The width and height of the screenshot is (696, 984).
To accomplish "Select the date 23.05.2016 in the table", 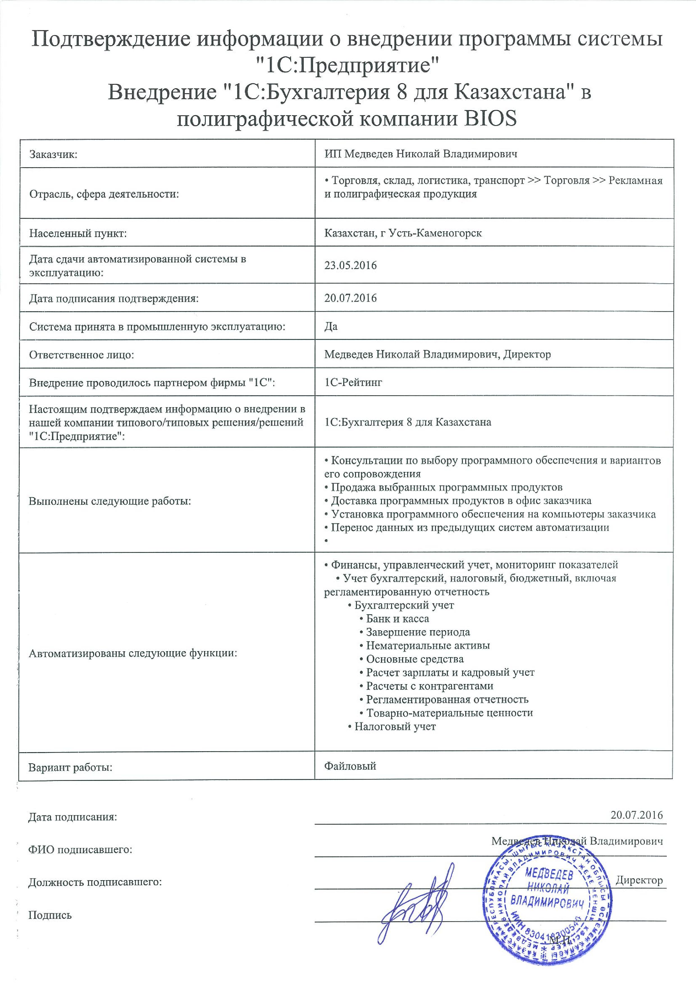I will [x=350, y=265].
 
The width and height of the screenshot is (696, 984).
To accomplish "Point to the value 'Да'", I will [x=331, y=326].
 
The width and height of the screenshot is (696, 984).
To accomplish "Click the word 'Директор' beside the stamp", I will [x=639, y=880].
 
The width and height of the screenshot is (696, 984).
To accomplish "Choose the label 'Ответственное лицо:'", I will [x=81, y=355].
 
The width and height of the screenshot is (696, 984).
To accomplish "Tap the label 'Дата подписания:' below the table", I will [x=72, y=817].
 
